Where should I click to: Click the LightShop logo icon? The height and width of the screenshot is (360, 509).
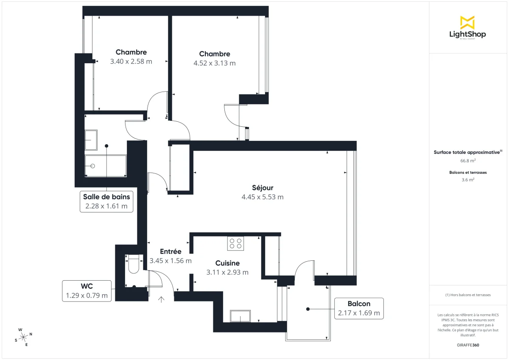[x=467, y=22]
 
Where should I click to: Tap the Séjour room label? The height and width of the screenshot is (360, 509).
[x=263, y=188]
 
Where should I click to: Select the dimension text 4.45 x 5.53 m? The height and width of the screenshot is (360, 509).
[x=263, y=197]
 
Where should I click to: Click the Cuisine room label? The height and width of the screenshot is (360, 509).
[x=227, y=263]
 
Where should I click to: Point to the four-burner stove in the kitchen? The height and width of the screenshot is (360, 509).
[x=235, y=243]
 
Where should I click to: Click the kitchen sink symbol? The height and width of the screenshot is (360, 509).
[x=241, y=316]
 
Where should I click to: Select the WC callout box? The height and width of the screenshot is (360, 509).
[x=87, y=291]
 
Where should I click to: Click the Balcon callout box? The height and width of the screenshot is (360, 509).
[x=359, y=308]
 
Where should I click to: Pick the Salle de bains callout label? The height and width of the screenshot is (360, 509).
[x=106, y=201]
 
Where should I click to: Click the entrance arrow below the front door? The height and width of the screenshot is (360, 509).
[x=161, y=300]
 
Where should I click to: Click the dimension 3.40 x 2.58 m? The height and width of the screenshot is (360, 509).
[x=131, y=61]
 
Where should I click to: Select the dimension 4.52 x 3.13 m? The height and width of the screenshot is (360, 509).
[x=215, y=63]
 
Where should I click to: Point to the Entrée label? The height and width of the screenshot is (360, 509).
[x=171, y=251]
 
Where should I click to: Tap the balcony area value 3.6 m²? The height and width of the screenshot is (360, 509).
[x=468, y=179]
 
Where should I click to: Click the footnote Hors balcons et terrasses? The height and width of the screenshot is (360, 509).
[x=468, y=295]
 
